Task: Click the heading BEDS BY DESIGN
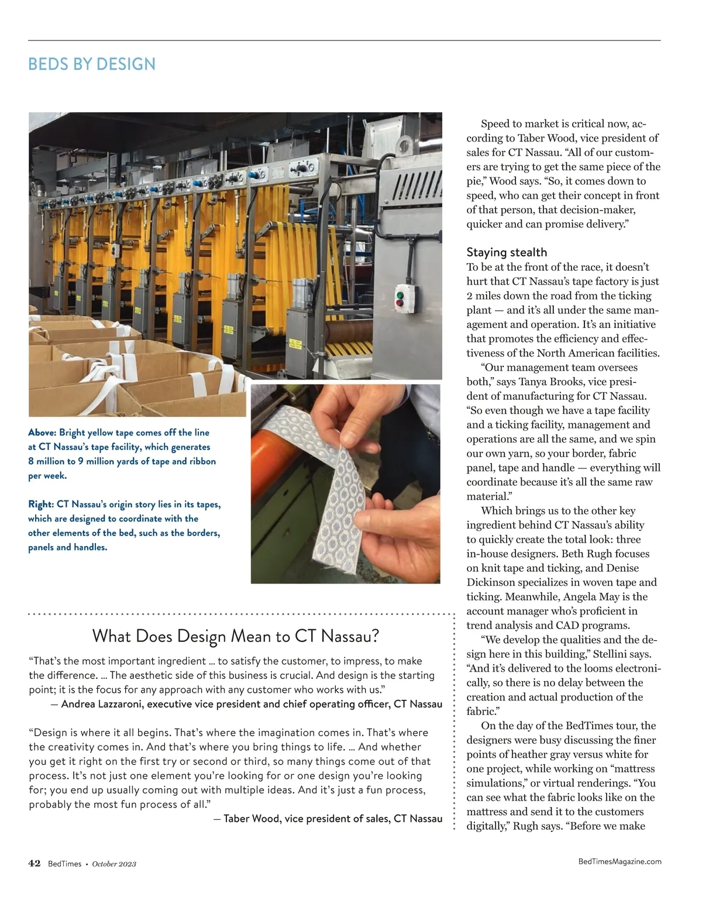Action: [92, 64]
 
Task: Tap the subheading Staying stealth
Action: [507, 252]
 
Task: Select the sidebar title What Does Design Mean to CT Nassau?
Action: [236, 636]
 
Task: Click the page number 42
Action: [35, 863]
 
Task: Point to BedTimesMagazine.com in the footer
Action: [620, 861]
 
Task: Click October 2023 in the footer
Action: [114, 864]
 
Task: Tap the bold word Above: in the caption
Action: [42, 433]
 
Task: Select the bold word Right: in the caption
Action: [41, 505]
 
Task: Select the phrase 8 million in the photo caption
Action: [47, 461]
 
